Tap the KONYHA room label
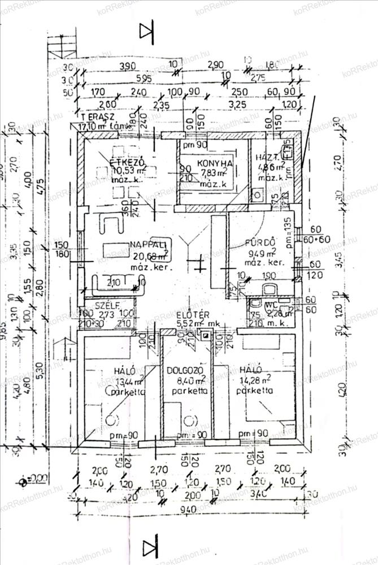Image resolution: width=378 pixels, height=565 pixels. tap(215, 164)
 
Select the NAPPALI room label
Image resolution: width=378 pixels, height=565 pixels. tap(148, 244)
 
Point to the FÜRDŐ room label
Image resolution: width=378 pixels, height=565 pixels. tap(260, 244)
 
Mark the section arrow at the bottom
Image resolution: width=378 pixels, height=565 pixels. tap(150, 547)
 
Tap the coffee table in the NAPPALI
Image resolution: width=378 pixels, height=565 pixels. tap(119, 250)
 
